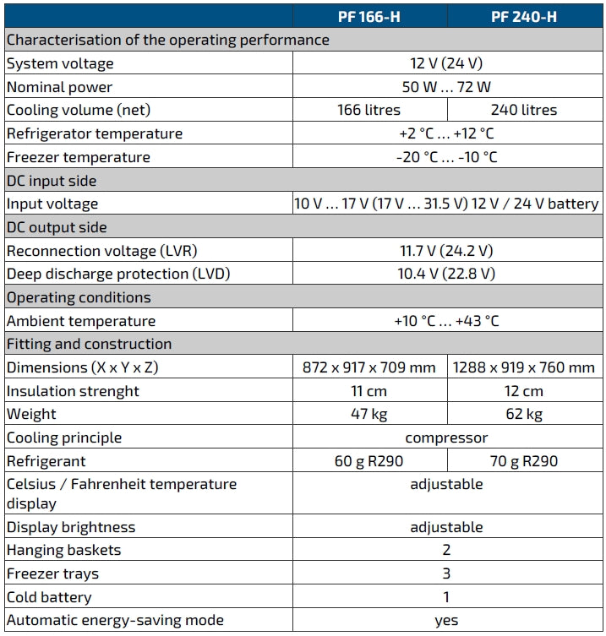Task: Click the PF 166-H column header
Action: click(369, 16)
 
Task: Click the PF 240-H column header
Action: click(523, 16)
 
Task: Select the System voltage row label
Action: click(60, 63)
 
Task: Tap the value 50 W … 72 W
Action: click(446, 87)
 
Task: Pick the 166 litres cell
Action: click(369, 110)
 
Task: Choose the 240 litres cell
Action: click(523, 110)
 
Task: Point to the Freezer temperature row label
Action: click(78, 157)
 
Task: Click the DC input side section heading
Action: click(52, 181)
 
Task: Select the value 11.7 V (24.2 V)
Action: click(446, 251)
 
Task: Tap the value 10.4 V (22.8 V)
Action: click(446, 274)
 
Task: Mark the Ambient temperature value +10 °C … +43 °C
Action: click(446, 321)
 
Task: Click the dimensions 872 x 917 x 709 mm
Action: click(369, 367)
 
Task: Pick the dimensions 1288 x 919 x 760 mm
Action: click(523, 367)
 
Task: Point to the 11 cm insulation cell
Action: click(369, 391)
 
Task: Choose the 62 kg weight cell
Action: click(523, 414)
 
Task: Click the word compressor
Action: click(446, 438)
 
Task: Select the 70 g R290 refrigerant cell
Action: click(523, 461)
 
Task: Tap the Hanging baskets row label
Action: click(64, 550)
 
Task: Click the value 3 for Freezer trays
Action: click(446, 573)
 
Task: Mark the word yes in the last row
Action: click(446, 620)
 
